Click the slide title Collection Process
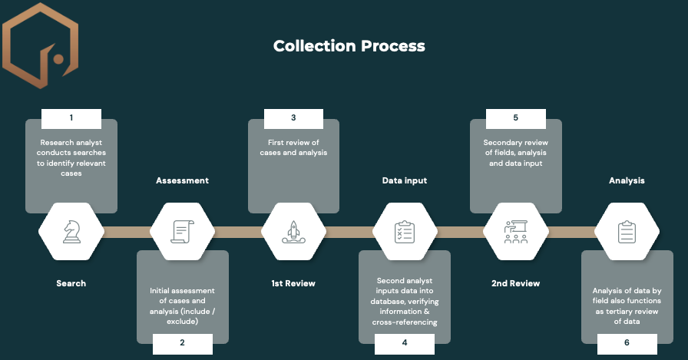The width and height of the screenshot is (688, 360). (x=349, y=46)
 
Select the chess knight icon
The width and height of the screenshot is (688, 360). (x=71, y=231)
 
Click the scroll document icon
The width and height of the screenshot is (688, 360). (x=183, y=231)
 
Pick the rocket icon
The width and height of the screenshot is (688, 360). (x=294, y=231)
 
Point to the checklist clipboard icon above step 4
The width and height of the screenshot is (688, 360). (x=405, y=231)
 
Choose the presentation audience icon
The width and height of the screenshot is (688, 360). (x=516, y=231)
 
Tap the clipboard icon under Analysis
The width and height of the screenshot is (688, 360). (x=627, y=231)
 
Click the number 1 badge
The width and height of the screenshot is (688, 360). (x=71, y=118)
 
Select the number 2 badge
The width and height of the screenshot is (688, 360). (x=182, y=343)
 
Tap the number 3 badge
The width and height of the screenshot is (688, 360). (x=293, y=118)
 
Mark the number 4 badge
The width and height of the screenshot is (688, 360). (x=405, y=343)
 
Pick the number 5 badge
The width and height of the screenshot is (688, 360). (x=516, y=118)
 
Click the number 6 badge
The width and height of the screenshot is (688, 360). (x=627, y=343)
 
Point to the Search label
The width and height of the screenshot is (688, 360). (x=71, y=283)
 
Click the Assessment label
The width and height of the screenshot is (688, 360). (x=183, y=180)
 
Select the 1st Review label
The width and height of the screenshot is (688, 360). (x=293, y=283)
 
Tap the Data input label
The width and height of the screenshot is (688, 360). (x=405, y=180)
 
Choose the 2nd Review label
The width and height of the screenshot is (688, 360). (x=516, y=283)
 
